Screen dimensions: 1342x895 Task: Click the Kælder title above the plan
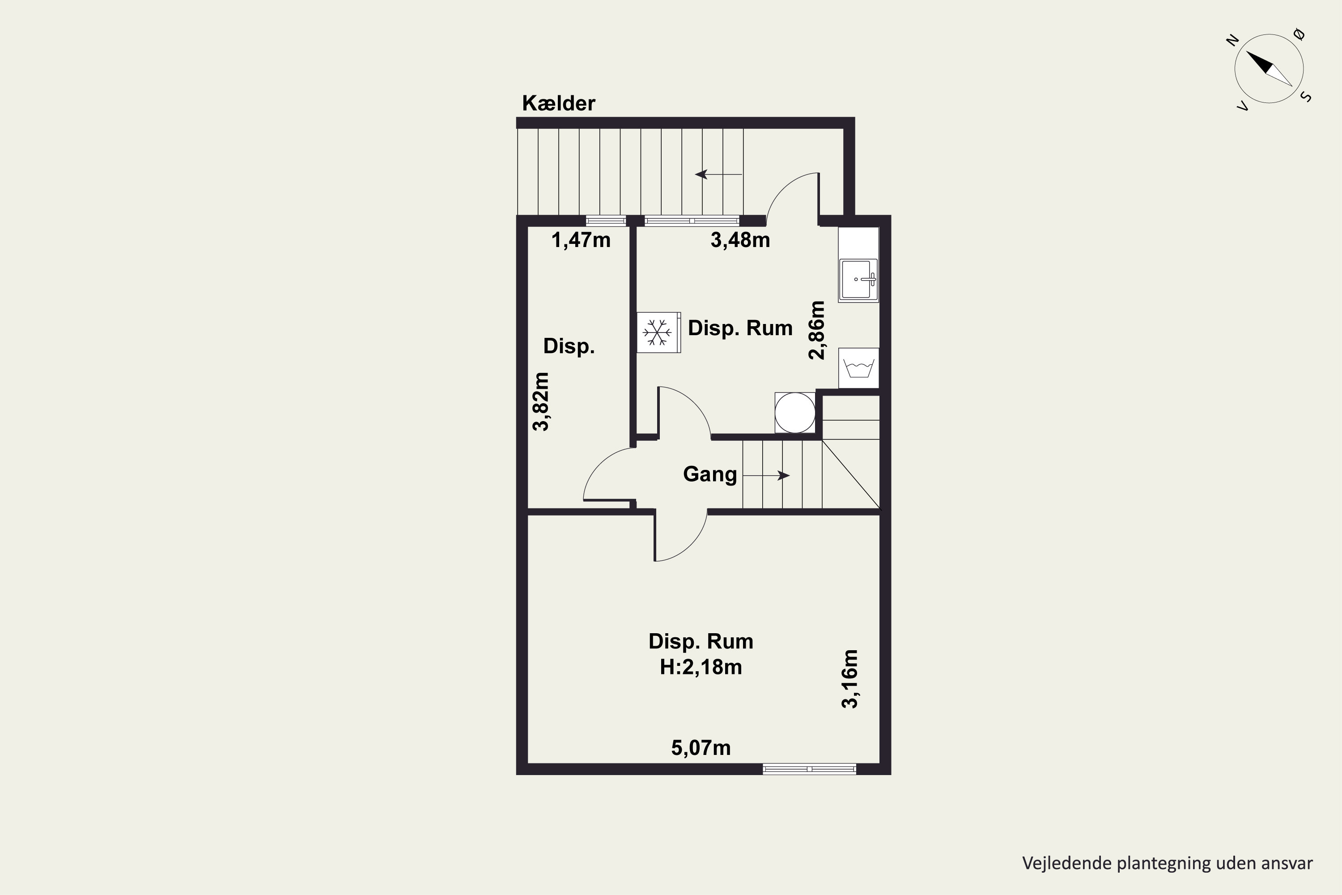[559, 103]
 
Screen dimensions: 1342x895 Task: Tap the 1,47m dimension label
[581, 240]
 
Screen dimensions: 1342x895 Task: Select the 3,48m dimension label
[740, 240]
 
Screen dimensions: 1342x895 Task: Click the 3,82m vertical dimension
[540, 401]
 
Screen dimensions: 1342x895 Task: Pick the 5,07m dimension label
[701, 748]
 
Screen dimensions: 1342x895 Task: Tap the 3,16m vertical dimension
[849, 679]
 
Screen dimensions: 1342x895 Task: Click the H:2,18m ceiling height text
[701, 667]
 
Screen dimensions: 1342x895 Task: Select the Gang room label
[710, 474]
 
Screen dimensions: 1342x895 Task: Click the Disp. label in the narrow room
[569, 346]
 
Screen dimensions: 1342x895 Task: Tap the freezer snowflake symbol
[657, 332]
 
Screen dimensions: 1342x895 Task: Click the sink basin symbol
[858, 280]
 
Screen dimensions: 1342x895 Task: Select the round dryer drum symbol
[795, 413]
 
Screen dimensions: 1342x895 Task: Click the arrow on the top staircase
[718, 174]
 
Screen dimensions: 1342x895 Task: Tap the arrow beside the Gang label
[766, 475]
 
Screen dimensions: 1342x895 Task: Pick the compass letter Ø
[1300, 35]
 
